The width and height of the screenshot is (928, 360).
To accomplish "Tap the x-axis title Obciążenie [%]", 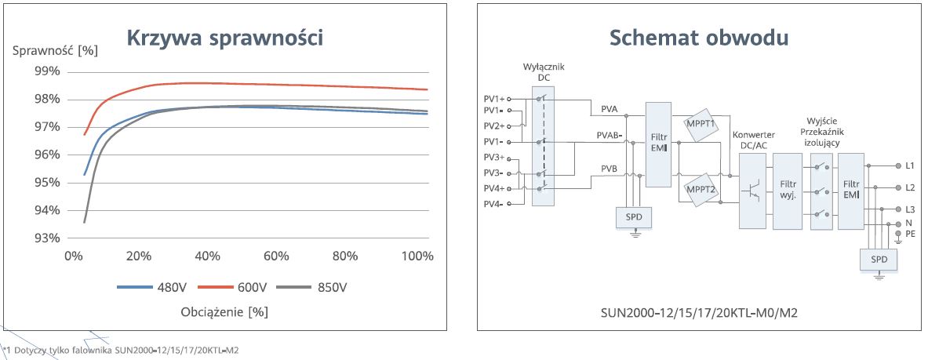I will click(225, 311).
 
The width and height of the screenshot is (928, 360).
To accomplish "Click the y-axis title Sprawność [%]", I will click(56, 50).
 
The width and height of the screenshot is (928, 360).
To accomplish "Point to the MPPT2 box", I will click(701, 189).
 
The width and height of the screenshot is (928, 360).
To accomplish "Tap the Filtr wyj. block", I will click(788, 191).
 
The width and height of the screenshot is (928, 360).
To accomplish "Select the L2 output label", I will click(910, 188).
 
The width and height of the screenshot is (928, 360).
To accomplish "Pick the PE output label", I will click(910, 234).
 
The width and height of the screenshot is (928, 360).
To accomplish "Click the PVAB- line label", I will click(610, 135).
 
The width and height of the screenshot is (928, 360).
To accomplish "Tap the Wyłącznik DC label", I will click(544, 72).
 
